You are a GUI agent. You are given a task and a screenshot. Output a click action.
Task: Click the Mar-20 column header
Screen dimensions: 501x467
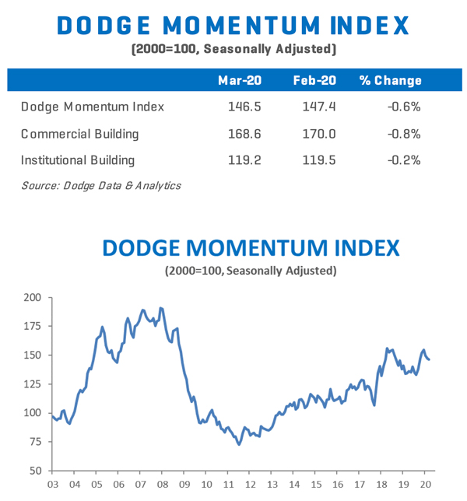239,81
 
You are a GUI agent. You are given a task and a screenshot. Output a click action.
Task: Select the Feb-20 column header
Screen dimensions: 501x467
314,81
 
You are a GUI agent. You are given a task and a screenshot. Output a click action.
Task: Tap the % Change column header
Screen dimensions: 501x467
390,81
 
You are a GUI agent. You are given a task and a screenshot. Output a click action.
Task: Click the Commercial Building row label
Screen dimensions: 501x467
80,134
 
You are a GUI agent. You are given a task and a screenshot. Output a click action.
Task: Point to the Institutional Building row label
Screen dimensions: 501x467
78,160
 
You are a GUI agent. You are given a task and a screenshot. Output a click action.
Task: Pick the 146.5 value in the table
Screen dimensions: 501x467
241,107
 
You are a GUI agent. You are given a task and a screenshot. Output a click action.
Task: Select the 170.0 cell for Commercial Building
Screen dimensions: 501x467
318,134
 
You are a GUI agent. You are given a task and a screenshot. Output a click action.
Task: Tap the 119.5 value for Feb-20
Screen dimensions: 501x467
318,160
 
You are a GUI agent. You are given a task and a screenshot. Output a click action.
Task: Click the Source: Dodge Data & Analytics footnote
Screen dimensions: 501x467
101,185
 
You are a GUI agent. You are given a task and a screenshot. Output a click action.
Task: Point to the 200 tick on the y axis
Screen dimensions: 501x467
32,297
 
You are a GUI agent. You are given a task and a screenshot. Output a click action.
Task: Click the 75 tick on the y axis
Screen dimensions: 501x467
35,442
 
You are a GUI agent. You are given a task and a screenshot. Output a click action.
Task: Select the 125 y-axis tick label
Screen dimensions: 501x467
32,384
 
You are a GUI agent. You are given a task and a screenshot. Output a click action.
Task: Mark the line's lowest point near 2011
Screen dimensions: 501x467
239,444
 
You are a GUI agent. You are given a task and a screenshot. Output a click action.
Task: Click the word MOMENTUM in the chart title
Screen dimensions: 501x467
251,249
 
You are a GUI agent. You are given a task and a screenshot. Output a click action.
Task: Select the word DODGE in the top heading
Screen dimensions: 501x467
114,25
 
